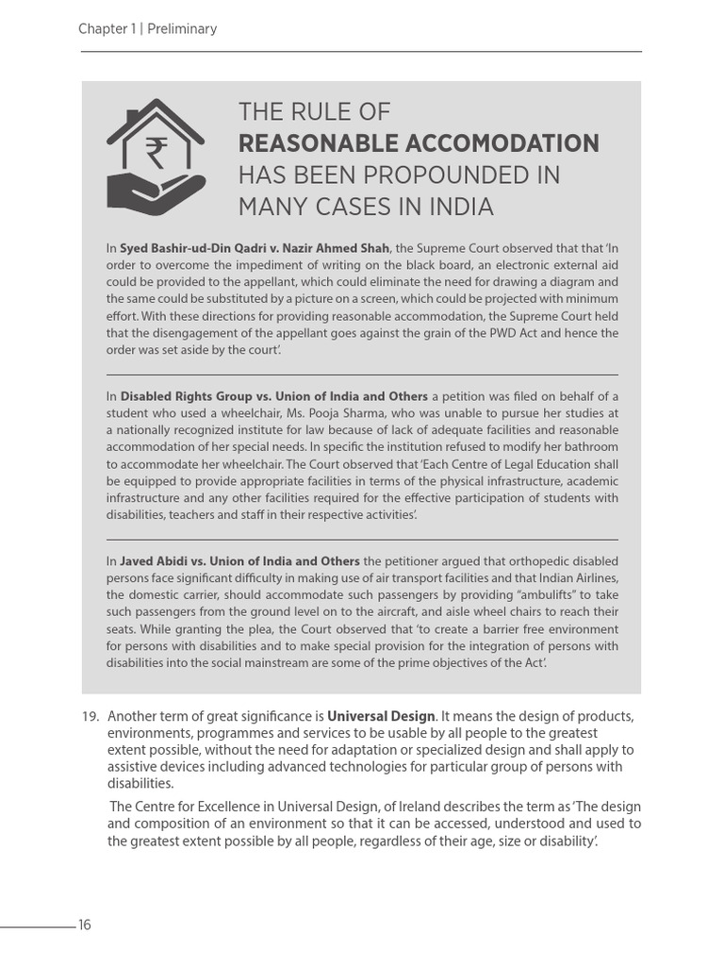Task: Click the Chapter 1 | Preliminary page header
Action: [x=148, y=29]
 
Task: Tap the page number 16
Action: [x=85, y=924]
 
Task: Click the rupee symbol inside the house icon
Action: [x=156, y=152]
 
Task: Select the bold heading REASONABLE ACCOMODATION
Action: [x=419, y=143]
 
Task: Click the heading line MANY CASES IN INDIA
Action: [x=366, y=206]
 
